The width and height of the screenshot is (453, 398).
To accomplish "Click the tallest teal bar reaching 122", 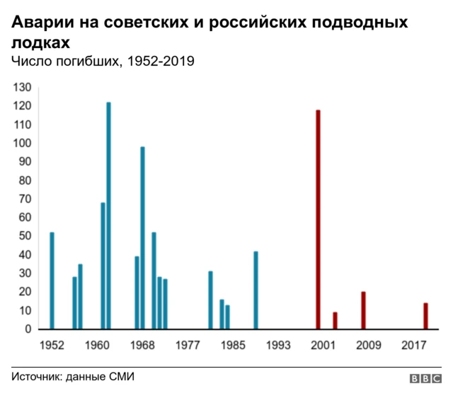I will tap(108, 216).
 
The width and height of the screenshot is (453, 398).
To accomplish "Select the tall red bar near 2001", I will tap(318, 219).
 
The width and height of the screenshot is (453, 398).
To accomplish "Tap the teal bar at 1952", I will tap(52, 281).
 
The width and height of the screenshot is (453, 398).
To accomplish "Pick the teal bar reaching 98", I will tap(142, 238).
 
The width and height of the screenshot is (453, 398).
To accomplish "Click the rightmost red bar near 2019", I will tap(425, 316).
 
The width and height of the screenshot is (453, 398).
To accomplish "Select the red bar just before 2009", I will tap(363, 310).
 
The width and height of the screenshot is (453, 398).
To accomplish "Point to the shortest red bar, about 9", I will tap(335, 320).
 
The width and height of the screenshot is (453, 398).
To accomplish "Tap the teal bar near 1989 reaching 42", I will tap(256, 290).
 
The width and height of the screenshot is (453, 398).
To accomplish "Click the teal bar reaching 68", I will tap(103, 266).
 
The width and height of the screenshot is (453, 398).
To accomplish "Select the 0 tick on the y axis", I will tap(28, 329).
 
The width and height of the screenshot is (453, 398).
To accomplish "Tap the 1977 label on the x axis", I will tap(188, 346).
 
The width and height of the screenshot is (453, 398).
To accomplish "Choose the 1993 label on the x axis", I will tap(278, 346).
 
